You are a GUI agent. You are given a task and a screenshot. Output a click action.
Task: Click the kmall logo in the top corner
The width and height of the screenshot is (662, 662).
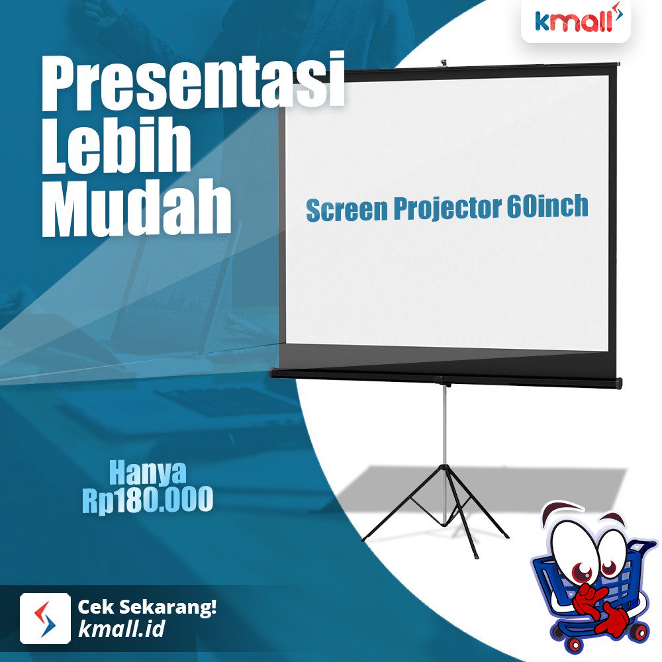tap(576, 22)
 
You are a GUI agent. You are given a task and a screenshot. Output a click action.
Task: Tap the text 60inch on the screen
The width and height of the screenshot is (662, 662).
tap(547, 206)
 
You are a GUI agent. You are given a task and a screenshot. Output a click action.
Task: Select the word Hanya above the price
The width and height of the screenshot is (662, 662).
tap(148, 473)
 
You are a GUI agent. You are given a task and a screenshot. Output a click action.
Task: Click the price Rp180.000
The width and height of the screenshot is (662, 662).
tap(148, 499)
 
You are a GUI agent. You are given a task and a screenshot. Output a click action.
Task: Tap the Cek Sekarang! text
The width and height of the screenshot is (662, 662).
tap(147, 607)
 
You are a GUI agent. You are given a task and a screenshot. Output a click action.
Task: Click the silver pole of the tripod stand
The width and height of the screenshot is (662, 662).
tap(444, 424)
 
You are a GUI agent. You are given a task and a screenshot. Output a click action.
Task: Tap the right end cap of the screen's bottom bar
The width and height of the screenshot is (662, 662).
tap(618, 382)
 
